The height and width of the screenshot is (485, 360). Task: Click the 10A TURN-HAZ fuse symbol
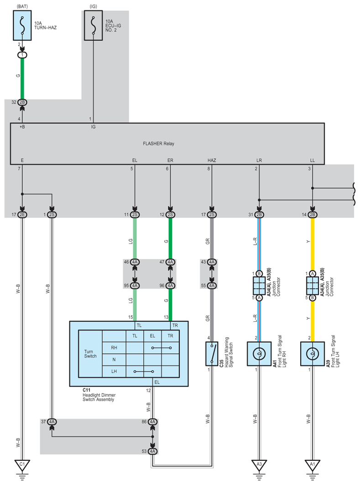click(x=22, y=26)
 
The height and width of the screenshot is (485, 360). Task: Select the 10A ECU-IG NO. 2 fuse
click(x=93, y=26)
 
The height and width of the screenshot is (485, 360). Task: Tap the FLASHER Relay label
click(x=158, y=144)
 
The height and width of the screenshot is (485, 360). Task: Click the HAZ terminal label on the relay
click(x=212, y=160)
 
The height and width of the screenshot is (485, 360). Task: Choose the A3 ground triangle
click(x=259, y=465)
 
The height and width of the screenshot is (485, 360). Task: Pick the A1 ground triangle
click(x=313, y=465)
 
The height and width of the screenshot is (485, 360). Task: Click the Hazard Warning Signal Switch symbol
click(x=212, y=354)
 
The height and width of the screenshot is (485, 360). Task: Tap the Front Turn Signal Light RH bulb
click(x=259, y=354)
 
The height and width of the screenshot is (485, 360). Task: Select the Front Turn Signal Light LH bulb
click(x=313, y=354)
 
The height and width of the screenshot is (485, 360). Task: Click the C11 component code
click(x=86, y=390)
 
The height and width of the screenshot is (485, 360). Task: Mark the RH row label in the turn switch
click(x=114, y=348)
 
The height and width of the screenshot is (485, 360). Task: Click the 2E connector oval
click(x=22, y=215)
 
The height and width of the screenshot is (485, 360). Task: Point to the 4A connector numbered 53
click(x=152, y=451)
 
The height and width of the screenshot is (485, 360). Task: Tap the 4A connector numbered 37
click(x=52, y=422)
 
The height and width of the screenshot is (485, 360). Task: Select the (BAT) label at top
click(x=22, y=6)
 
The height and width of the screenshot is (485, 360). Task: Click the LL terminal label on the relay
click(x=313, y=160)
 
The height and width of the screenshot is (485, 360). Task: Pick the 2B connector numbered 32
click(x=22, y=102)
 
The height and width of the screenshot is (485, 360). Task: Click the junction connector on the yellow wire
click(x=313, y=285)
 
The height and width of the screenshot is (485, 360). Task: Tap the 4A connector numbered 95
click(x=135, y=285)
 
